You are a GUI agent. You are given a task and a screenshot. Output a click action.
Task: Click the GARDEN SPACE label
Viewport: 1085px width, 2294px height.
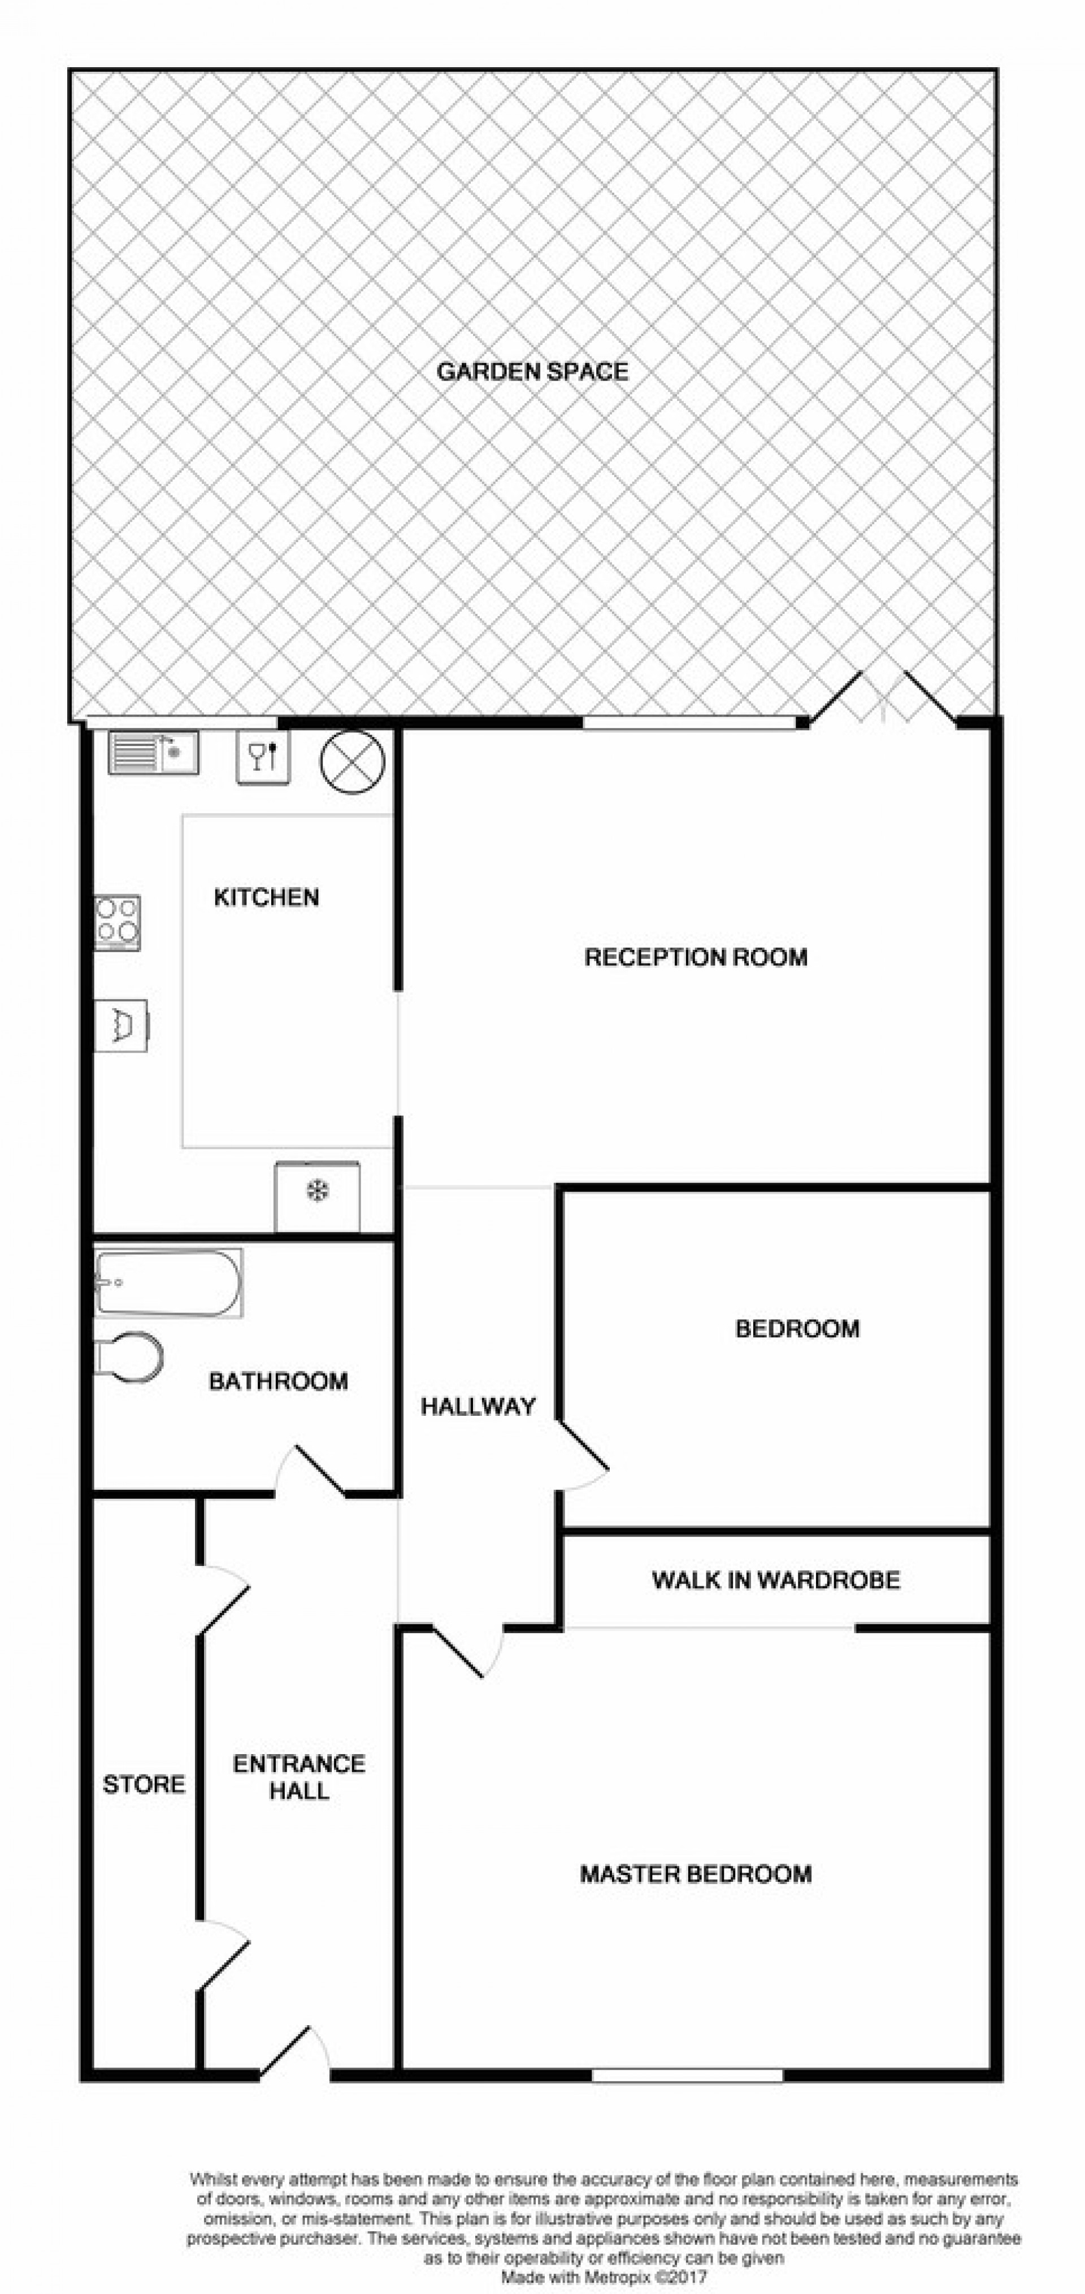click(x=532, y=372)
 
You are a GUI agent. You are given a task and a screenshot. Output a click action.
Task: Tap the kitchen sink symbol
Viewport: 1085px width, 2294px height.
click(x=153, y=752)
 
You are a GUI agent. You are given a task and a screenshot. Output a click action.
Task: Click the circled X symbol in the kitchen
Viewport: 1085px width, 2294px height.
click(x=352, y=761)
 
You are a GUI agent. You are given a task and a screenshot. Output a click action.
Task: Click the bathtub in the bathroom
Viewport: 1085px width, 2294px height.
click(x=168, y=1283)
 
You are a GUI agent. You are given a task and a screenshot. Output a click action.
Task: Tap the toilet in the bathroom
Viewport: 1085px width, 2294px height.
click(x=129, y=1357)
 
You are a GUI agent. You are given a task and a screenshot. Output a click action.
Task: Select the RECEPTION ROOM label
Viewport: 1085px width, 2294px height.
click(x=696, y=957)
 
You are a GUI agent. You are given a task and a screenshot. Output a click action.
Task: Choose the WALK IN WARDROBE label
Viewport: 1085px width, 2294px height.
click(x=776, y=1581)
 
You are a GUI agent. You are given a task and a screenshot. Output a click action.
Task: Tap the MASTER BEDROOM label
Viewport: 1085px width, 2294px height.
click(x=696, y=1874)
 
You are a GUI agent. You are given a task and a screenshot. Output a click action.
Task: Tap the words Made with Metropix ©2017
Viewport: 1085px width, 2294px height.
click(x=604, y=2277)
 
